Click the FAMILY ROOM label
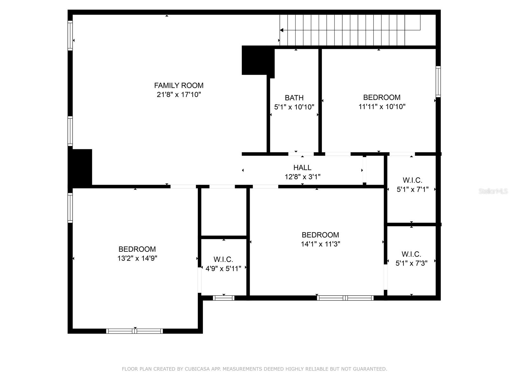pos(179,85)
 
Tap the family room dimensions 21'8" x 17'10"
pos(179,95)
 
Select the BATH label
pos(294,98)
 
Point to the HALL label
pos(302,167)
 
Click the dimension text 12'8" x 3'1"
pos(302,177)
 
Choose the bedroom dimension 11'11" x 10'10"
pos(382,107)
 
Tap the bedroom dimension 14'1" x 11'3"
pos(320,244)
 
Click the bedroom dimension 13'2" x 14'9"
pos(137,258)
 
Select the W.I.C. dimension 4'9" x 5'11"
pos(223,269)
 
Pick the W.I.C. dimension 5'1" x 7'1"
pos(412,189)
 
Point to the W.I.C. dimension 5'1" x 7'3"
pos(411,263)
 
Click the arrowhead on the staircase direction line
pos(282,30)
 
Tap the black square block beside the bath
pos(258,60)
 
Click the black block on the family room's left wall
pos(80,167)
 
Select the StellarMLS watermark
pos(493,191)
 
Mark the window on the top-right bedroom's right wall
pos(438,81)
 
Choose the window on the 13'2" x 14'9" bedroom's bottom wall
pos(135,331)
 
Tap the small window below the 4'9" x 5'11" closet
pos(224,298)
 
